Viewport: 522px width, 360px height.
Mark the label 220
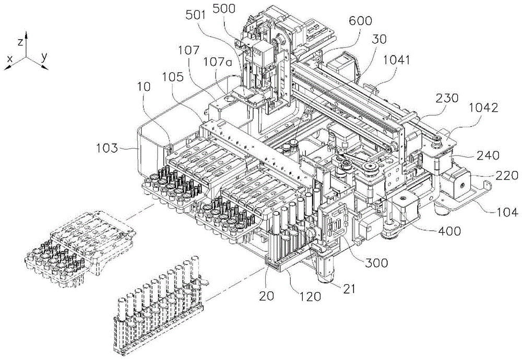point(506,176)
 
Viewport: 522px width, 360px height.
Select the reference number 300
point(376,263)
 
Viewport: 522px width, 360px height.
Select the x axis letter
point(9,61)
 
